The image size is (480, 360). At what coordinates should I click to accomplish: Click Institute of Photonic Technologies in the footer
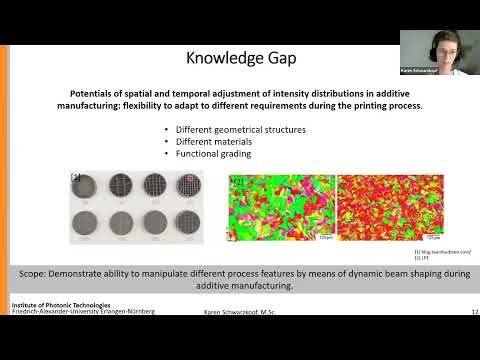click(61, 304)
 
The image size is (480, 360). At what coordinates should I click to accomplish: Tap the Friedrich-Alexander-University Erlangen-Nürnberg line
click(82, 311)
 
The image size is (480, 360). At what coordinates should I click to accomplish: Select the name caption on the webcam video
click(418, 71)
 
